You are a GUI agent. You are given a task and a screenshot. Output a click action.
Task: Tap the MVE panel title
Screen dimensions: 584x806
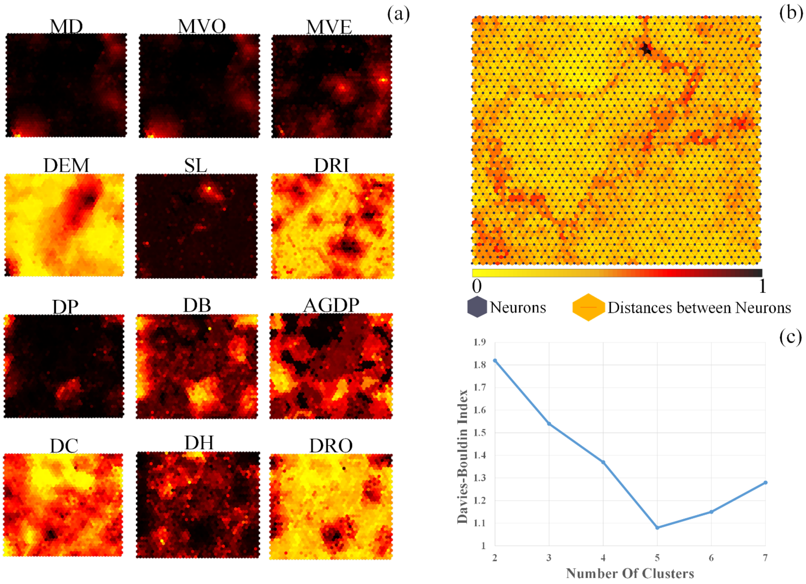(x=329, y=27)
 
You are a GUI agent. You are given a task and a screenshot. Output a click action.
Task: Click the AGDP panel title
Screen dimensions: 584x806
(x=331, y=305)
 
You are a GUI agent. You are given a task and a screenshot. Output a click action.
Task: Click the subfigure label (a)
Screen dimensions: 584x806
(x=398, y=14)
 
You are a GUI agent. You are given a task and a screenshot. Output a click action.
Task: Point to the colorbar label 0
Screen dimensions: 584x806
(x=477, y=286)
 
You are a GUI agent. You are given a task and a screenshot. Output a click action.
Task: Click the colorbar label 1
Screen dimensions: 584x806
(x=762, y=286)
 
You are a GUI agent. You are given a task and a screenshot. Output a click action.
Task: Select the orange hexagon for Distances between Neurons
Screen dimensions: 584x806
(x=588, y=307)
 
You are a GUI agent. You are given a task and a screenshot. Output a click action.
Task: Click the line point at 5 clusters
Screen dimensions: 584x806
(x=657, y=528)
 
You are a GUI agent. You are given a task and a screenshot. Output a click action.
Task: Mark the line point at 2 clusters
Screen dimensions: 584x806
(x=495, y=361)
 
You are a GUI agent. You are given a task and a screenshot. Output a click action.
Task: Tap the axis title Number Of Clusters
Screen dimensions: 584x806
(x=630, y=573)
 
